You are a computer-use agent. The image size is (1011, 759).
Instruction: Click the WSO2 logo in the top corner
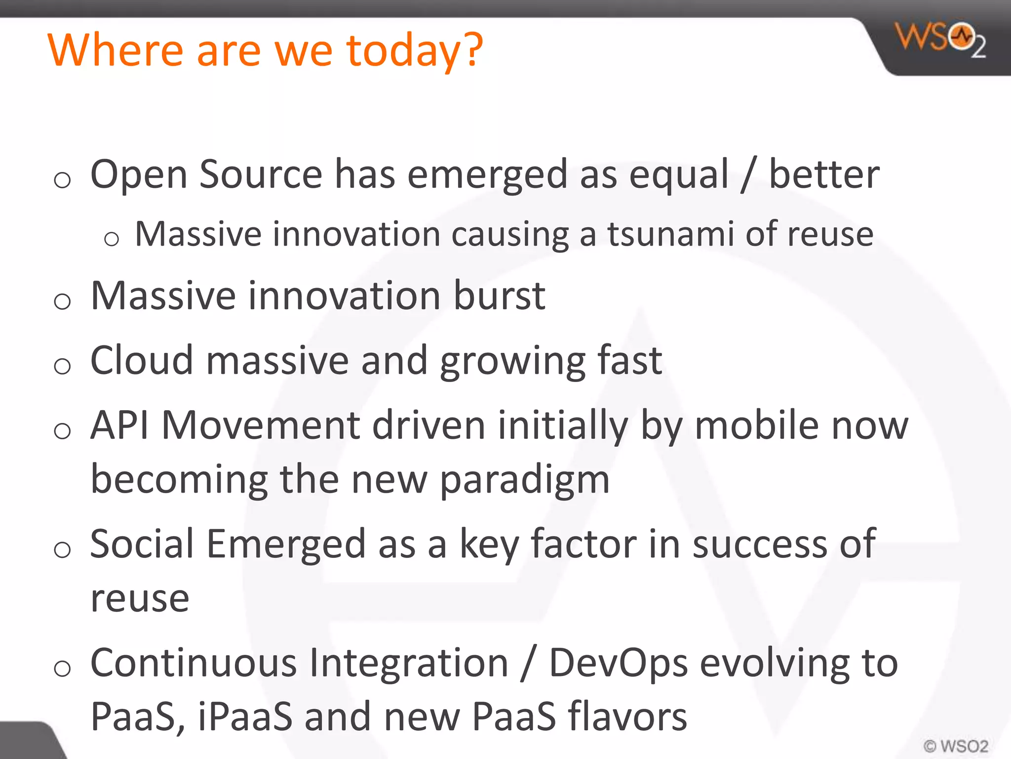[940, 40]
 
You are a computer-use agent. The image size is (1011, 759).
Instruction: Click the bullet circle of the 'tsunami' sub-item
[112, 239]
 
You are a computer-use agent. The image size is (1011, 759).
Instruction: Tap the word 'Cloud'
[142, 360]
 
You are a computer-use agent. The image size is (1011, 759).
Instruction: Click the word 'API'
[119, 425]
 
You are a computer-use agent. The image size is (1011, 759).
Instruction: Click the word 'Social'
[142, 544]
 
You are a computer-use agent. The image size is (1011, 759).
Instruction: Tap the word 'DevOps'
[618, 664]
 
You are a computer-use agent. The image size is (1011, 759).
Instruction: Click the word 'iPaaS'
[245, 717]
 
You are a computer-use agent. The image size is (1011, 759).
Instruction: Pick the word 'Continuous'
[194, 663]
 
